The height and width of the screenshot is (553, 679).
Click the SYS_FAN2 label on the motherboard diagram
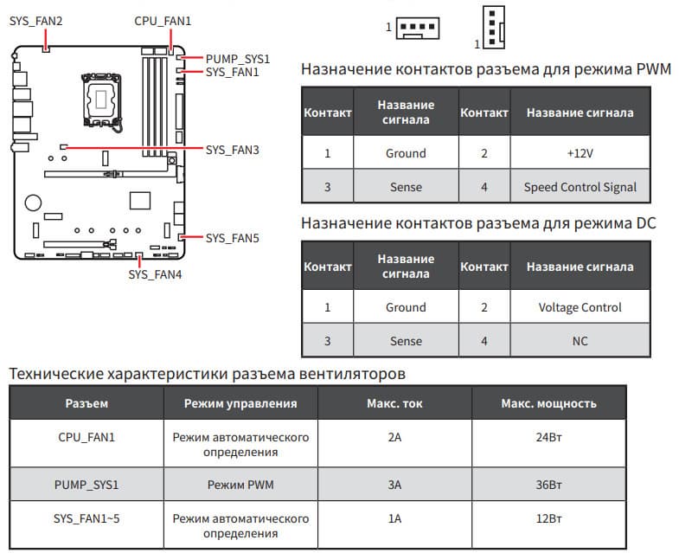coord(36,20)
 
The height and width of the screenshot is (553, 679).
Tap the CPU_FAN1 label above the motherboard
coord(163,20)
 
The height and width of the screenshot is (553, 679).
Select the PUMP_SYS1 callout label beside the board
coord(238,59)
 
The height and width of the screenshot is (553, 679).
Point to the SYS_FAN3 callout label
coord(233,150)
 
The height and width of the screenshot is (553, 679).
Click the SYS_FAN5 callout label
coord(233,237)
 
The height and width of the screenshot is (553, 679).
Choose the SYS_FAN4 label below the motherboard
coord(155,274)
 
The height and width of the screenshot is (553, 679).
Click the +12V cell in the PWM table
coord(580,153)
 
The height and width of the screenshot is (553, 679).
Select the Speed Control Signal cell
coord(580,187)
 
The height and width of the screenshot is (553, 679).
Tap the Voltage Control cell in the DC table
coord(580,307)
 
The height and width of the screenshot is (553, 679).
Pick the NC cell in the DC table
coord(580,341)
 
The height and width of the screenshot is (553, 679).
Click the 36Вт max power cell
coord(549,485)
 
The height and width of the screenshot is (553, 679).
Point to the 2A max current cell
coord(394,438)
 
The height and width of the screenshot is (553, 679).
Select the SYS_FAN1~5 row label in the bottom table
coord(86,519)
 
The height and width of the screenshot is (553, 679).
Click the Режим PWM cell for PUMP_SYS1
coord(240,485)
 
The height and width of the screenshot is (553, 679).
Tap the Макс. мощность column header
coord(549,403)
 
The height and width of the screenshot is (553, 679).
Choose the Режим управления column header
coord(240,403)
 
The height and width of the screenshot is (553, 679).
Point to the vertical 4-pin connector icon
coord(491,26)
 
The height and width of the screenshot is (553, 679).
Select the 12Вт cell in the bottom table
coord(549,519)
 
